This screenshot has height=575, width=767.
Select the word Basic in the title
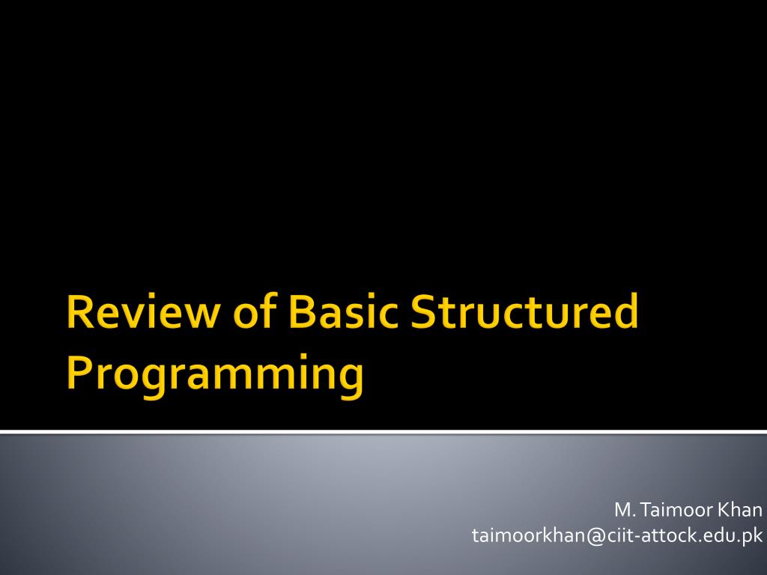[343, 311]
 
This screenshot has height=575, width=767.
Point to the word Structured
[524, 311]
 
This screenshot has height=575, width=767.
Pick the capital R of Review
[79, 311]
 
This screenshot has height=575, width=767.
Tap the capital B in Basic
[302, 311]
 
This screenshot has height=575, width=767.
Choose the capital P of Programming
[79, 372]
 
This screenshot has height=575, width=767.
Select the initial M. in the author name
[625, 510]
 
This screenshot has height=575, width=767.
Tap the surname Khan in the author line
[740, 510]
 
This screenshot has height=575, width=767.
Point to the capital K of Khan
[724, 510]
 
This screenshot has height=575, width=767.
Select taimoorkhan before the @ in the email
[530, 535]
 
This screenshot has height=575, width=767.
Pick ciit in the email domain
[619, 535]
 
